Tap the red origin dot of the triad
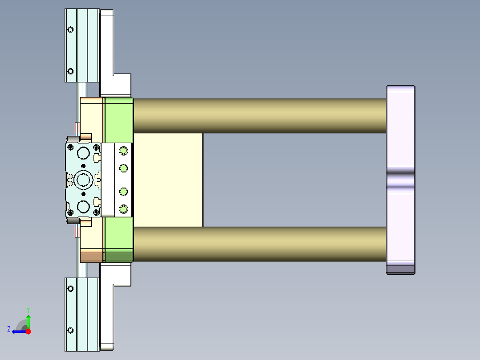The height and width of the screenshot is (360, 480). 28,331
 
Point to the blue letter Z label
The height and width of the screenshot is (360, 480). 9,329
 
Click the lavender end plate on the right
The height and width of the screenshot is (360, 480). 400,129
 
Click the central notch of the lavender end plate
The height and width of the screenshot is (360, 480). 400,180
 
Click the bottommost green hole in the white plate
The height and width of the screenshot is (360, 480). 123,209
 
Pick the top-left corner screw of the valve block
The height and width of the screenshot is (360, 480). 70,147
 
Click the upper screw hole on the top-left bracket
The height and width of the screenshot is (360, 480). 70,29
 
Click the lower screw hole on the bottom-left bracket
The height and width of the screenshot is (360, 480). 70,330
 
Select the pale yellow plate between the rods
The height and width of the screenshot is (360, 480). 168,180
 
